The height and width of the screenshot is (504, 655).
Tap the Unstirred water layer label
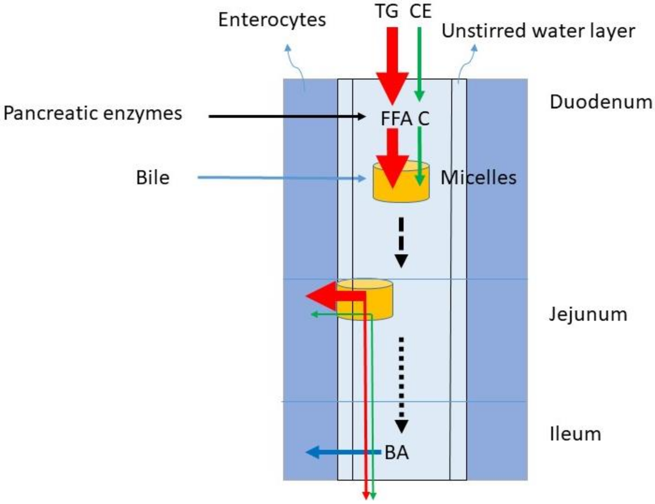click(538, 31)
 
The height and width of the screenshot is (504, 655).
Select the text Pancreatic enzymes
click(93, 114)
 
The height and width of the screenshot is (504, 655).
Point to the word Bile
click(153, 178)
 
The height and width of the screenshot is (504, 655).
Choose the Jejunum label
click(588, 315)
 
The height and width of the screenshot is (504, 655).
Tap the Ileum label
click(575, 434)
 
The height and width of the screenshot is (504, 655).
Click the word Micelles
click(478, 178)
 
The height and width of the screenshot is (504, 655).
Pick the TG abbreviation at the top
click(387, 11)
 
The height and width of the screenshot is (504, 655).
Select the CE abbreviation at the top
click(420, 11)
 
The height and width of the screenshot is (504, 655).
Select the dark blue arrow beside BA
click(342, 452)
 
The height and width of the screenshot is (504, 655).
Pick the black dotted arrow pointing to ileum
click(401, 384)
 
